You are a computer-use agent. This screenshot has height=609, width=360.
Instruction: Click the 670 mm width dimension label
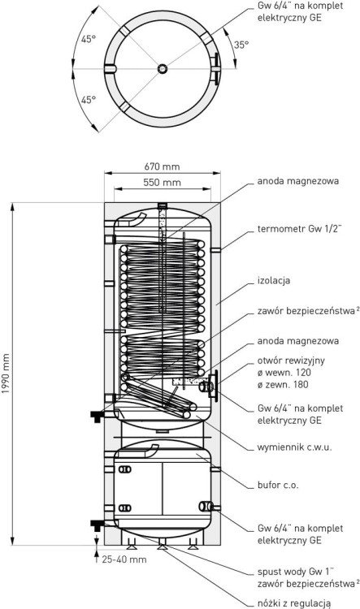[162, 166]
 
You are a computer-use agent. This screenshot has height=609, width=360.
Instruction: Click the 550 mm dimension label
[162, 182]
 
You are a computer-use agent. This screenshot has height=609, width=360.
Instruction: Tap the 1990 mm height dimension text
[5, 374]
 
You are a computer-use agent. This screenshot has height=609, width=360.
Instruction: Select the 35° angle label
[241, 45]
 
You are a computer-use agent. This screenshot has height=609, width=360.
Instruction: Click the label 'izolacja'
[274, 280]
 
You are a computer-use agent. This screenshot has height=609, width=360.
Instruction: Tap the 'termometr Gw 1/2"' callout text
[299, 229]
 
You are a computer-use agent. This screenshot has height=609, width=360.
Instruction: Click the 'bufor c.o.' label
[278, 485]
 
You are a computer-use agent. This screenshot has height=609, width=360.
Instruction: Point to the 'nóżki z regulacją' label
[293, 603]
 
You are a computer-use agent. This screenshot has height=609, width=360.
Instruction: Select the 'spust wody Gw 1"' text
[296, 572]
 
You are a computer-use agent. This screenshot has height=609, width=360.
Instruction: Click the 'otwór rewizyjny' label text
[291, 361]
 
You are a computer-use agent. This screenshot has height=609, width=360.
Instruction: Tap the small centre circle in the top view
[162, 69]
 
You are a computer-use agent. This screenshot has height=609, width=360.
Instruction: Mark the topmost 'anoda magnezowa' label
[297, 181]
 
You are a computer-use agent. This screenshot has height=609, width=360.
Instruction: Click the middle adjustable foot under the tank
[162, 546]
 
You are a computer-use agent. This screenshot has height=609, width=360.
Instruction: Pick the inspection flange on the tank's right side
[214, 385]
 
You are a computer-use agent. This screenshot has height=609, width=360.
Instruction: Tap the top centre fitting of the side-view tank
[162, 205]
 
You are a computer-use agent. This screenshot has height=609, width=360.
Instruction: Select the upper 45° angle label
[89, 39]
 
